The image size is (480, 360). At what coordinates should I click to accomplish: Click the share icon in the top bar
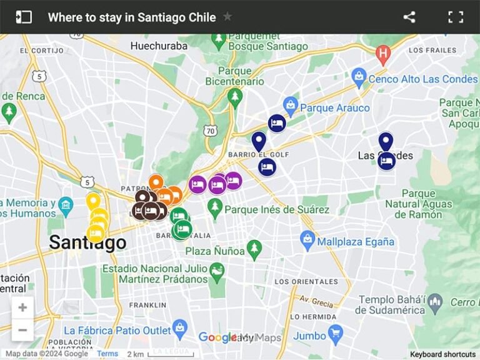409,17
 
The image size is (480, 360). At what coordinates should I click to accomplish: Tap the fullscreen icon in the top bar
456,17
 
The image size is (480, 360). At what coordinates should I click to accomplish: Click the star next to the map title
227,17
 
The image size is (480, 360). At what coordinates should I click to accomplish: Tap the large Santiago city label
87,242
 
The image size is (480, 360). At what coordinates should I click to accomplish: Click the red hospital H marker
383,54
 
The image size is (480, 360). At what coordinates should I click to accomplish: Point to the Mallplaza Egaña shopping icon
307,238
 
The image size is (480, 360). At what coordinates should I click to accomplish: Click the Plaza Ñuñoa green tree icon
253,248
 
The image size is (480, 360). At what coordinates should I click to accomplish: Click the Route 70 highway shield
211,131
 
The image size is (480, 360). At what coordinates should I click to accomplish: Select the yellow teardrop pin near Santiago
92,201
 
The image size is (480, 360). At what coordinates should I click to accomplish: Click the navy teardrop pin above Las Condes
386,141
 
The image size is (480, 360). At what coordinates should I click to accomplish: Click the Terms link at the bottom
107,354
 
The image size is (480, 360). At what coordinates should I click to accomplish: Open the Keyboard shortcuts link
442,354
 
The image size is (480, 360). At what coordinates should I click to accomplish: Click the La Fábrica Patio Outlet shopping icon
180,327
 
